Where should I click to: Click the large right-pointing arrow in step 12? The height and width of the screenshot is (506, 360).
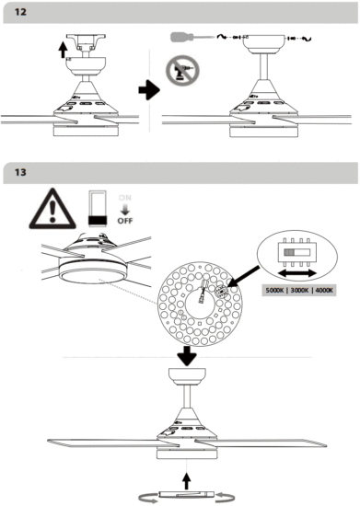click(x=145, y=91)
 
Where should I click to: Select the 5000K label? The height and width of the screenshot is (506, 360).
click(x=277, y=291)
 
